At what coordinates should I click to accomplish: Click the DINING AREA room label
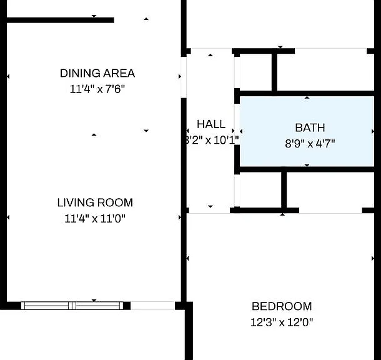pyautogui.click(x=97, y=73)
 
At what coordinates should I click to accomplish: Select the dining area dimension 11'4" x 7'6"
pyautogui.click(x=97, y=89)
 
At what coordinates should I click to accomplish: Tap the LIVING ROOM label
pyautogui.click(x=95, y=202)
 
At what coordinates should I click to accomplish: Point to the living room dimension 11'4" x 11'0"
pyautogui.click(x=95, y=219)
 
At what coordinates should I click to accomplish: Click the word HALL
pyautogui.click(x=211, y=124)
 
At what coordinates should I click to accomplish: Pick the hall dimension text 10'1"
pyautogui.click(x=226, y=140)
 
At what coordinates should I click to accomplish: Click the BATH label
pyautogui.click(x=310, y=127)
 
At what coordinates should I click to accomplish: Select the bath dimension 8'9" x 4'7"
pyautogui.click(x=310, y=144)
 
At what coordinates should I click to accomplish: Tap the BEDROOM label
pyautogui.click(x=282, y=306)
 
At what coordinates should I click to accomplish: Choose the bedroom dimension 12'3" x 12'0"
pyautogui.click(x=282, y=322)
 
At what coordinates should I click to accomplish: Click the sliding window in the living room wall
pyautogui.click(x=72, y=306)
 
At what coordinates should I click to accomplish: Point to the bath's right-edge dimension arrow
pyautogui.click(x=373, y=131)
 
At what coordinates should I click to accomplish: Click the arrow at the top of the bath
pyautogui.click(x=307, y=97)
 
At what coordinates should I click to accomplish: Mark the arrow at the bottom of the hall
pyautogui.click(x=210, y=206)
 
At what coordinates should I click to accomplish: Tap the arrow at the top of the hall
pyautogui.click(x=210, y=55)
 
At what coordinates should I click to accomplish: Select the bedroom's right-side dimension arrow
pyautogui.click(x=373, y=258)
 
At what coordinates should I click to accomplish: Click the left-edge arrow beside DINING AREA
pyautogui.click(x=8, y=77)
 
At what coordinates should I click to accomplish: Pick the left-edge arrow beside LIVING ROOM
pyautogui.click(x=8, y=217)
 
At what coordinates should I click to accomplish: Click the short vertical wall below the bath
pyautogui.click(x=284, y=190)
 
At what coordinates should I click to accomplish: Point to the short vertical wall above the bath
pyautogui.click(x=274, y=72)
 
